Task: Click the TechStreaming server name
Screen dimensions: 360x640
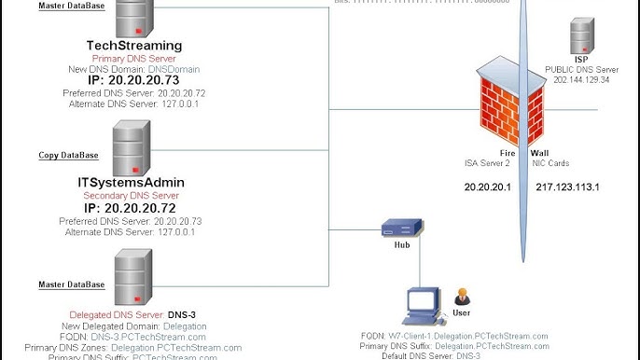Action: pyautogui.click(x=133, y=45)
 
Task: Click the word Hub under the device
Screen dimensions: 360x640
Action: pyautogui.click(x=402, y=246)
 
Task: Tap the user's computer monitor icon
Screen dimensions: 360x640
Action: pyautogui.click(x=424, y=304)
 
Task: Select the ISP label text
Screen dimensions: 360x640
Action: pyautogui.click(x=581, y=59)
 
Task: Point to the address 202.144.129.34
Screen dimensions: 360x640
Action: pyautogui.click(x=581, y=79)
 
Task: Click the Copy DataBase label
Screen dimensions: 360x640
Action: pyautogui.click(x=70, y=155)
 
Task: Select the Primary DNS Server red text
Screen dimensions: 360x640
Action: pyautogui.click(x=133, y=57)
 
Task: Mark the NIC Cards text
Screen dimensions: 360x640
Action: pyautogui.click(x=550, y=162)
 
